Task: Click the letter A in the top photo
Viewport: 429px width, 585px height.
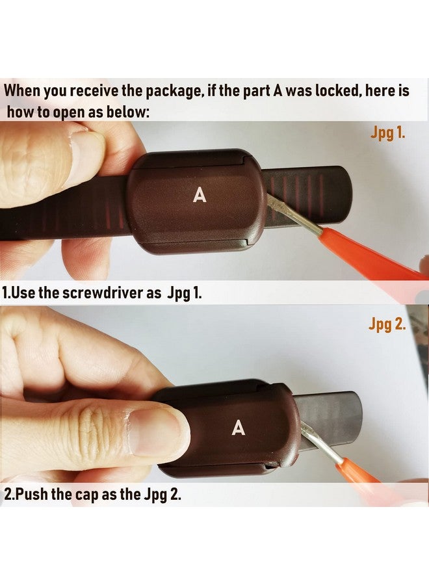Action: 200,195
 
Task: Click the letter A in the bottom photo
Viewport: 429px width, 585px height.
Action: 239,428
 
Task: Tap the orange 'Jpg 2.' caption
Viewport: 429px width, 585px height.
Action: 387,324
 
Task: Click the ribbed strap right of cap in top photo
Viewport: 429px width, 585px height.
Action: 305,188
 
